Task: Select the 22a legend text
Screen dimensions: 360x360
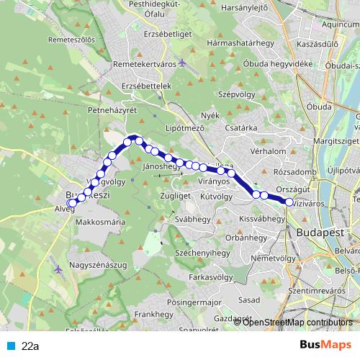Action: (x=30, y=346)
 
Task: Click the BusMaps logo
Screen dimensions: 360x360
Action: (x=320, y=345)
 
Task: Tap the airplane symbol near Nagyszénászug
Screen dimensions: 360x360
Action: (x=58, y=269)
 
